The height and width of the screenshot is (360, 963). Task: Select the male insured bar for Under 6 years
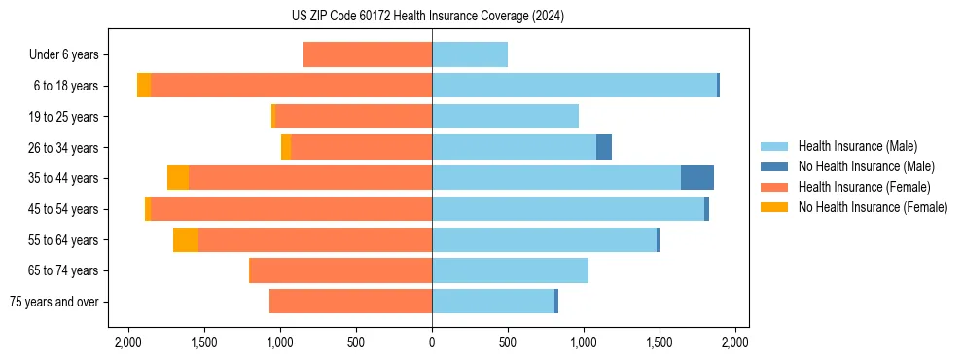tap(470, 54)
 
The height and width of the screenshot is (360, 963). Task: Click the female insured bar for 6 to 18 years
tap(291, 86)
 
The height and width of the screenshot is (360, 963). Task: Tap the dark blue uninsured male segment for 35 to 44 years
tap(696, 178)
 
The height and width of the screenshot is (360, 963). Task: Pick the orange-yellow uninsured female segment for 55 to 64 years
tap(186, 240)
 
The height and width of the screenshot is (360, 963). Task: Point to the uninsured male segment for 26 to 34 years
tap(604, 147)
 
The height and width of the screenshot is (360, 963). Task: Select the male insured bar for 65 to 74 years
tap(510, 270)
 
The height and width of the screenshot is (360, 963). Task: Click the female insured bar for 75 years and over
tap(350, 302)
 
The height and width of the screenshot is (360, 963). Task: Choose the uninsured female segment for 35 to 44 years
tap(178, 178)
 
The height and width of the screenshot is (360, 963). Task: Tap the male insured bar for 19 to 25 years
tap(505, 117)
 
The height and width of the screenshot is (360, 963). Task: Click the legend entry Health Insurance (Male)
tap(857, 146)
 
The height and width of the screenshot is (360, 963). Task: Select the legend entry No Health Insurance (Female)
tap(873, 207)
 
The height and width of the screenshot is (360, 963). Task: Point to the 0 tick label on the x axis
tap(432, 342)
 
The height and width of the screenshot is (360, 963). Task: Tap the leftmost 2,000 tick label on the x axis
tap(128, 342)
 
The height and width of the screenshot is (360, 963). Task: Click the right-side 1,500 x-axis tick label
tap(660, 342)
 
